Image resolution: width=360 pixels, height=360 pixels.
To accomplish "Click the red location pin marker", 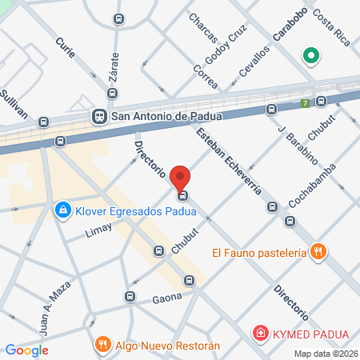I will pyautogui.click(x=182, y=178).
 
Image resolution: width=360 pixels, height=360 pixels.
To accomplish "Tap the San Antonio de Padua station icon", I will pyautogui.click(x=99, y=116).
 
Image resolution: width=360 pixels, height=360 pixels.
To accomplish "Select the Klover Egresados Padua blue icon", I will pyautogui.click(x=61, y=210).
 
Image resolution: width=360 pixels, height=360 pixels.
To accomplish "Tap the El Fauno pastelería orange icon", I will pyautogui.click(x=318, y=252).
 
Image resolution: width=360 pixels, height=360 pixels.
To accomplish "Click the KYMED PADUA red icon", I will pyautogui.click(x=259, y=332).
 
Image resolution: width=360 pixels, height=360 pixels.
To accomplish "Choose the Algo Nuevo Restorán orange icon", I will pyautogui.click(x=102, y=345).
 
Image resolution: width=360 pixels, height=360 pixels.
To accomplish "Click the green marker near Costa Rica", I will pyautogui.click(x=309, y=57).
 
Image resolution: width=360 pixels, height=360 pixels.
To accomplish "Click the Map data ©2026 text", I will pyautogui.click(x=326, y=354).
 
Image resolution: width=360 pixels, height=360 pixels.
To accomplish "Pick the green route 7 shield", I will pyautogui.click(x=305, y=102).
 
